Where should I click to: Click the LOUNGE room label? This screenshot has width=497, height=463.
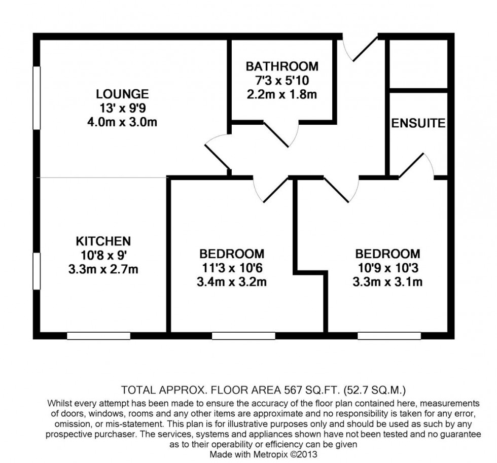(x=122, y=94)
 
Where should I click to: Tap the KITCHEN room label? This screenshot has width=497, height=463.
(x=103, y=241)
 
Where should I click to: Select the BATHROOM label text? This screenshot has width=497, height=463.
(x=282, y=66)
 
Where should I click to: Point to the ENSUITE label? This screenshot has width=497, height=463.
(x=418, y=123)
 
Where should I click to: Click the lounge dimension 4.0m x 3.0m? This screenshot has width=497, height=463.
(x=122, y=122)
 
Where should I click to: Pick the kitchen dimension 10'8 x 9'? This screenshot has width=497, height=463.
(x=103, y=256)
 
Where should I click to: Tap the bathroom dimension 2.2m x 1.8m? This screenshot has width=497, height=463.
(x=282, y=94)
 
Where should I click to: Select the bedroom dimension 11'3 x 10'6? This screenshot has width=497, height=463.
(x=232, y=268)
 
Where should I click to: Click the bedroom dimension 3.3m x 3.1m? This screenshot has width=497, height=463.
(x=387, y=282)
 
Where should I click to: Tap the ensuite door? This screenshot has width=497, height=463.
(x=416, y=165)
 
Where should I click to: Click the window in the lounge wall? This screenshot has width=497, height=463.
(x=37, y=97)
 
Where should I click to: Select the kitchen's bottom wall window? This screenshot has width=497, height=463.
(x=98, y=336)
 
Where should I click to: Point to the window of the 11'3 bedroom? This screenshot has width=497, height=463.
(x=243, y=336)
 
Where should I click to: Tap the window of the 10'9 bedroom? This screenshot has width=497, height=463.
(x=389, y=336)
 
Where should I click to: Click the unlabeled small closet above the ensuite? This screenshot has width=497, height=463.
(x=418, y=64)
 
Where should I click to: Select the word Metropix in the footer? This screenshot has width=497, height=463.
(x=270, y=454)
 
